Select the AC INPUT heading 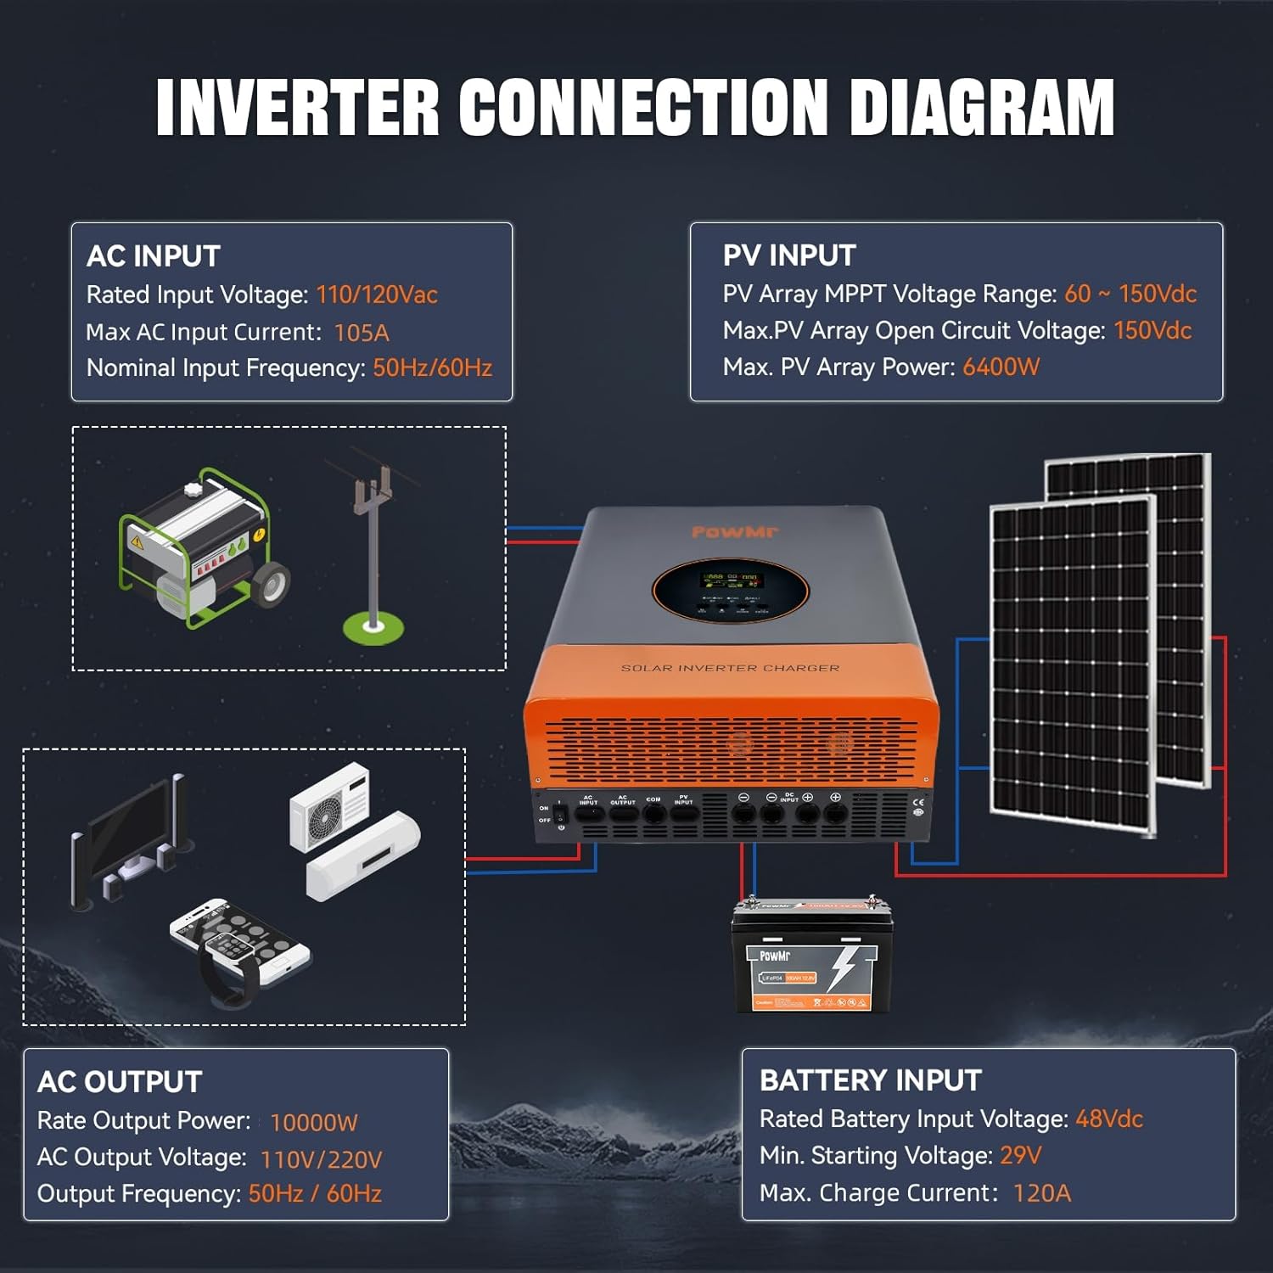[154, 256]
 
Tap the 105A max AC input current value [362, 333]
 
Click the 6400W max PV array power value [1001, 367]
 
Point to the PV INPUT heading [789, 255]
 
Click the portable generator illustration [204, 547]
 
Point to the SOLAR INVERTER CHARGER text [730, 668]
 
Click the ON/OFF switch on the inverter [559, 813]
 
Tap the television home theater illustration [132, 840]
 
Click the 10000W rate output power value [313, 1123]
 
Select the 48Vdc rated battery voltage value [1109, 1119]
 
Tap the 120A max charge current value [1042, 1193]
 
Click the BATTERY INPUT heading [870, 1080]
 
